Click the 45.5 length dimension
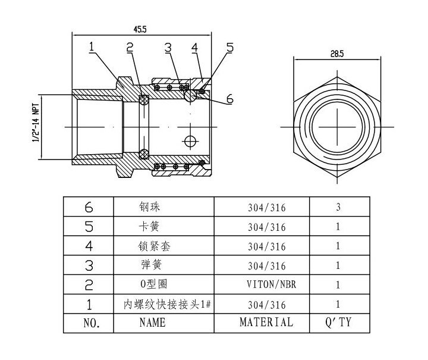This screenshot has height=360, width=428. pos(140,28)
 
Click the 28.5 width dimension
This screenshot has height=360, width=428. pos(336,54)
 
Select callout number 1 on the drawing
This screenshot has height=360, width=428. pos(92,47)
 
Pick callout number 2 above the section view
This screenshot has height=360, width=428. pos(130,48)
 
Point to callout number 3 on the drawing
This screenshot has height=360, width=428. pos(168,48)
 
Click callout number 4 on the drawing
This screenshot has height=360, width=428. pos(194,48)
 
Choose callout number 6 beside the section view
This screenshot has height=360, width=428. pos(229,99)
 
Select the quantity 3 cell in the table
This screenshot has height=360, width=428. pos(338,208)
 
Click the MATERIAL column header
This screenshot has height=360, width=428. pos(266,323)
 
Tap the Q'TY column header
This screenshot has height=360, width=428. pos(338,323)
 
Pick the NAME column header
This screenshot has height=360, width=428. pos(152,323)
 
